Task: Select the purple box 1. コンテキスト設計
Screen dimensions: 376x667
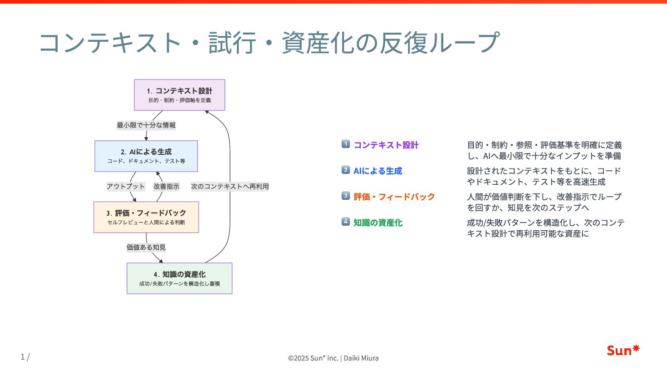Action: pos(180,95)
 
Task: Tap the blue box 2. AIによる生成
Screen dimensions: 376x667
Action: pos(146,156)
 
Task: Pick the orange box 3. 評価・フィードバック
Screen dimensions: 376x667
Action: pos(146,217)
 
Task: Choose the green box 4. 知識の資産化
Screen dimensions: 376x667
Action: pos(180,278)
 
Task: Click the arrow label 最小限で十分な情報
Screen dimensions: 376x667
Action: pos(146,125)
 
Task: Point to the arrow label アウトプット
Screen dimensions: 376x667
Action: pos(126,186)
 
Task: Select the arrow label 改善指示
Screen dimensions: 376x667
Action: pos(166,186)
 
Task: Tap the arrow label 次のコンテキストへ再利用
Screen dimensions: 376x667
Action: pos(230,186)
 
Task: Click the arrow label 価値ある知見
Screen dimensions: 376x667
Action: pos(146,247)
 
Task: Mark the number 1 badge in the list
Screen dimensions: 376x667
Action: pos(346,144)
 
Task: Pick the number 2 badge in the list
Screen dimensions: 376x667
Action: pos(346,170)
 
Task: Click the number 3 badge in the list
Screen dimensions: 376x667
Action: pos(346,196)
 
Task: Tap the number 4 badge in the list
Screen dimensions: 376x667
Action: pos(346,222)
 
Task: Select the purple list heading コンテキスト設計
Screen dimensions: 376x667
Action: pos(386,145)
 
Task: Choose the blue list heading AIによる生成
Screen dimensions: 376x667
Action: pos(378,171)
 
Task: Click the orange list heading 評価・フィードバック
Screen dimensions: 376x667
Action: pos(394,197)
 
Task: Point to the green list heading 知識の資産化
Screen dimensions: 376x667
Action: pos(378,223)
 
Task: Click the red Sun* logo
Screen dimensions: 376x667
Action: pos(623,350)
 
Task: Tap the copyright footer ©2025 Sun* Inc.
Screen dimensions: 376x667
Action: pos(333,358)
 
